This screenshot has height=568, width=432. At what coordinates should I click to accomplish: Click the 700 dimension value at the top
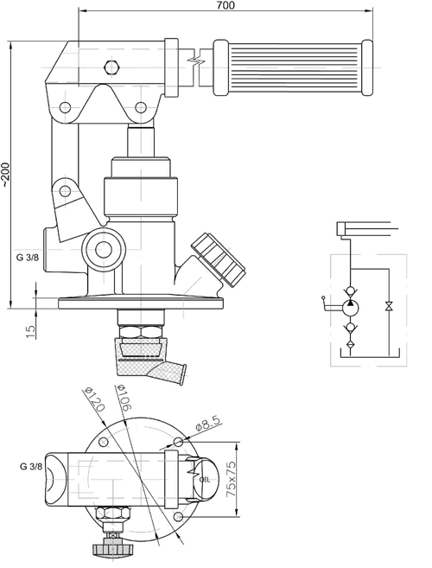tap(226, 5)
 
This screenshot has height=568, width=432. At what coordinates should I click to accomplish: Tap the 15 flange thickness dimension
tap(31, 332)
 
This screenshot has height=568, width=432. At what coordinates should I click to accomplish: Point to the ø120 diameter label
tap(94, 399)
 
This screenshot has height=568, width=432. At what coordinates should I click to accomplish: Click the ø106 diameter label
tap(123, 398)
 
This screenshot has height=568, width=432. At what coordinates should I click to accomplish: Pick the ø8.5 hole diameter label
tap(208, 423)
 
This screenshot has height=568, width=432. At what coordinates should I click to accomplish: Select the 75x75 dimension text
tap(231, 479)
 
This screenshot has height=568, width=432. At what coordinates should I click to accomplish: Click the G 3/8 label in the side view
tap(27, 258)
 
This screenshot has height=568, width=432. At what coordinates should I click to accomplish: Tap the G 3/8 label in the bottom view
tap(31, 467)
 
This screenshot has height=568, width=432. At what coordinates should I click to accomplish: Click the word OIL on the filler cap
tap(205, 480)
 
